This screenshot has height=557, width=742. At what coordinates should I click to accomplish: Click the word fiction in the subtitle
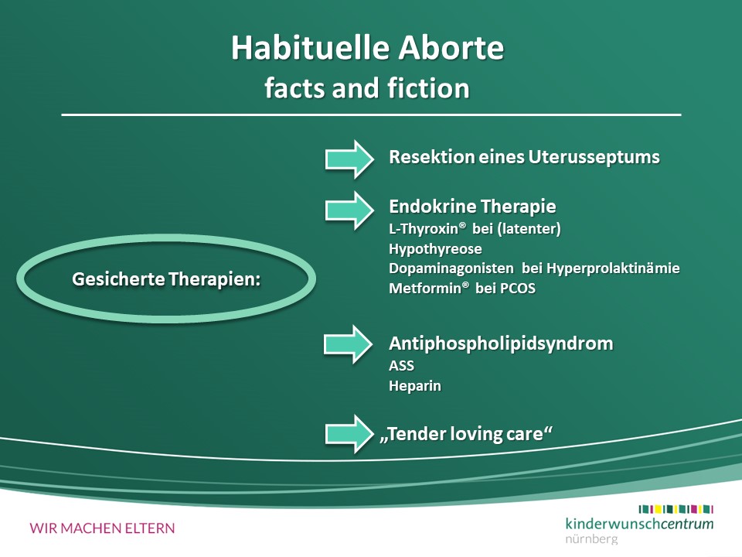pyautogui.click(x=428, y=88)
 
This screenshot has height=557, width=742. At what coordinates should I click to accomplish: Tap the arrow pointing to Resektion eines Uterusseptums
pyautogui.click(x=349, y=159)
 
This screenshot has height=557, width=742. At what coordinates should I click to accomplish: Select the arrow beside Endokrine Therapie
pyautogui.click(x=349, y=210)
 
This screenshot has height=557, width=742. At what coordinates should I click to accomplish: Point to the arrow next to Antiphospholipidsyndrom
pyautogui.click(x=349, y=344)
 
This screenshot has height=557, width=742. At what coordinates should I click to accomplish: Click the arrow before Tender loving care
pyautogui.click(x=349, y=434)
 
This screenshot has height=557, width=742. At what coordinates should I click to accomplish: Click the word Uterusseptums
pyautogui.click(x=594, y=157)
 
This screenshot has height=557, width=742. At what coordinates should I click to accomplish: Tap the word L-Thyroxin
pyautogui.click(x=424, y=229)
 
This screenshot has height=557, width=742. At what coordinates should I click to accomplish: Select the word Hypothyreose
pyautogui.click(x=435, y=249)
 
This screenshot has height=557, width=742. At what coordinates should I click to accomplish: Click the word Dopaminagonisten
pyautogui.click(x=451, y=268)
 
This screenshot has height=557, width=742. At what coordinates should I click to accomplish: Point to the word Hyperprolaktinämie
pyautogui.click(x=613, y=268)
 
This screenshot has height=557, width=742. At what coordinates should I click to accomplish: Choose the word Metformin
pyautogui.click(x=425, y=289)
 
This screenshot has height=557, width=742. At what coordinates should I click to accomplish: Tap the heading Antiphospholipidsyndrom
pyautogui.click(x=501, y=343)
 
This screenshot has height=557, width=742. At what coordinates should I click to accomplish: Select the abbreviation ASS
pyautogui.click(x=401, y=366)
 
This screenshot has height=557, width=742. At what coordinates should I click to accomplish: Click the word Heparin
pyautogui.click(x=415, y=386)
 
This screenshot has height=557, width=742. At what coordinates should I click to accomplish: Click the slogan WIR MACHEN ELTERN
pyautogui.click(x=102, y=528)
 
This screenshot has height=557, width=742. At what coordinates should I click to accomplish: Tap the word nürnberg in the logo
pyautogui.click(x=591, y=539)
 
